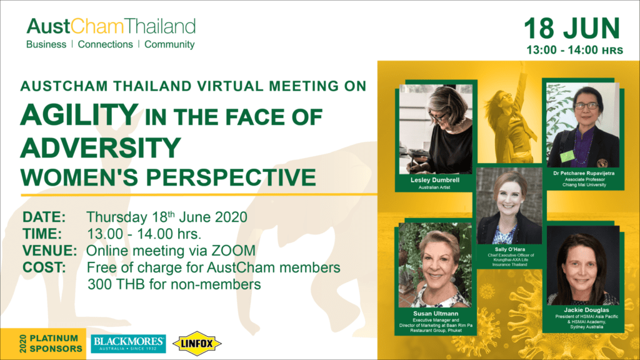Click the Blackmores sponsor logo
click(128, 344)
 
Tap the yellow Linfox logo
click(197, 344)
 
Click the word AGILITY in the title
click(79, 115)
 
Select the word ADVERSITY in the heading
click(101, 147)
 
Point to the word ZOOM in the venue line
click(233, 251)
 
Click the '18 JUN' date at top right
click(572, 29)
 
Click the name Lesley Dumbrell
click(435, 180)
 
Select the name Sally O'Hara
click(510, 249)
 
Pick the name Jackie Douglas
click(586, 310)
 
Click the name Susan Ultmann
click(436, 314)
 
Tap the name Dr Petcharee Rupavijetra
click(584, 173)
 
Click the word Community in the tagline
click(169, 44)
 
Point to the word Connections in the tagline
click(105, 44)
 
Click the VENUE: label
click(49, 251)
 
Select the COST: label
click(44, 267)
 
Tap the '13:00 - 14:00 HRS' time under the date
click(575, 50)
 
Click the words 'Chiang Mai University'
click(584, 185)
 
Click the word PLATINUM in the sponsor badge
click(54, 338)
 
